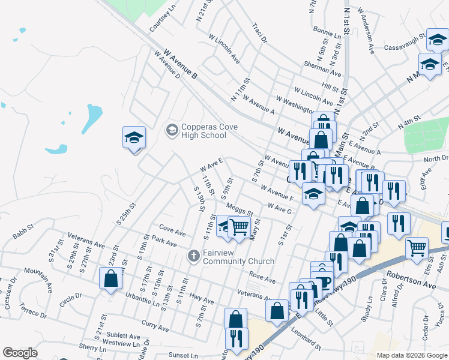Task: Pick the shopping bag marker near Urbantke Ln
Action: (x=110, y=279)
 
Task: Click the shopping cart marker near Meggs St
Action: (x=239, y=227)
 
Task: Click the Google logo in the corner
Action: (x=20, y=353)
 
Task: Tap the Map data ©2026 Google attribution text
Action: (x=411, y=355)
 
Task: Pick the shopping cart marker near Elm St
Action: (x=417, y=247)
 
